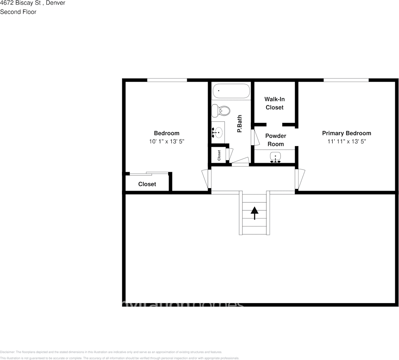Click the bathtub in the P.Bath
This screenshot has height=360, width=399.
coord(231,91)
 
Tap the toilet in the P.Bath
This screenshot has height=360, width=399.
coord(221,111)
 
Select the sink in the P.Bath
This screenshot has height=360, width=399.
coord(218,132)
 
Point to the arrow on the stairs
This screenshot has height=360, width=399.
coord(254,212)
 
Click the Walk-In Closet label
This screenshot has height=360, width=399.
coord(274,103)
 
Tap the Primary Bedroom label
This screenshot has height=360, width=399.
coord(346,133)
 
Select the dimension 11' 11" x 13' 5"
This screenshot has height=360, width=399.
coord(346,141)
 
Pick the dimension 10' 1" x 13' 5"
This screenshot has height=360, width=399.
coord(167,141)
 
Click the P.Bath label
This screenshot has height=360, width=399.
coord(239,124)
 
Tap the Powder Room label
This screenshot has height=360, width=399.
coord(275,140)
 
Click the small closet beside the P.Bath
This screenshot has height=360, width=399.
coord(219,155)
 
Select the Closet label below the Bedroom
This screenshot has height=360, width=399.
coord(147,184)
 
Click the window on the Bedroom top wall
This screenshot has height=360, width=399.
coord(167,80)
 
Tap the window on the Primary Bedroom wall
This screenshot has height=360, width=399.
coord(346,80)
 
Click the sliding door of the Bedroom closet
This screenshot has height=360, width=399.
coord(149,174)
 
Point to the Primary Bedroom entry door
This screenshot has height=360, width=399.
coord(299,179)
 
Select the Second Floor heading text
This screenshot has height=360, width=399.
coord(18,12)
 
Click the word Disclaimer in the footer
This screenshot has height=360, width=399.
coord(7,352)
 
